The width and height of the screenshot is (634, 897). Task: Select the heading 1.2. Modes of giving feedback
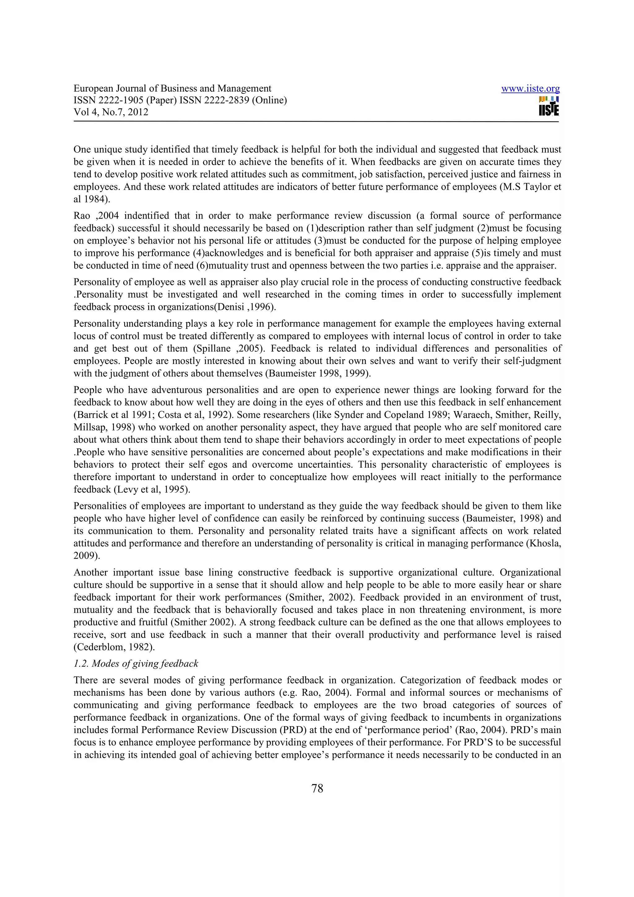pos(136,663)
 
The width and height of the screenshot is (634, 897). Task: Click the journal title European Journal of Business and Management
pos(172,89)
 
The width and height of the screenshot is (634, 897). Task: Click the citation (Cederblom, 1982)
pos(114,647)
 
